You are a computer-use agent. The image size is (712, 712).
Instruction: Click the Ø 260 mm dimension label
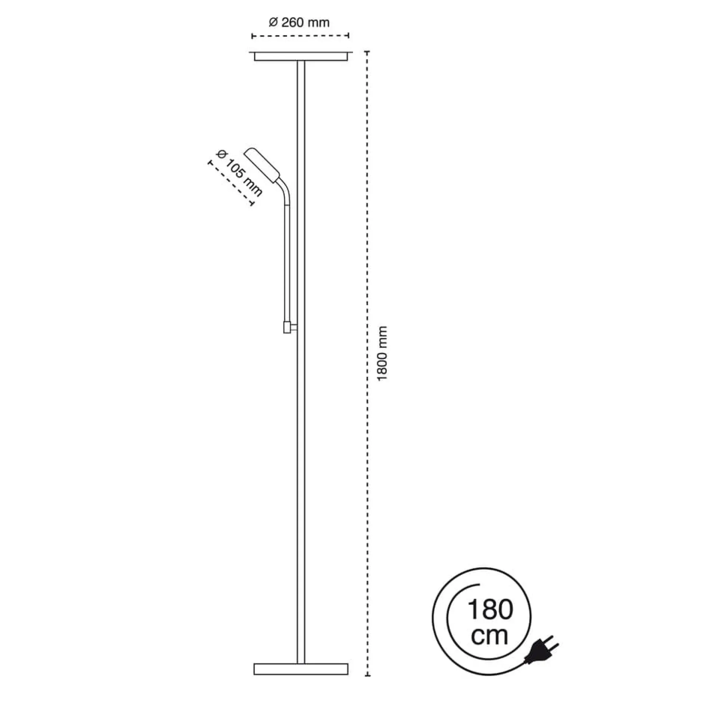click(x=299, y=23)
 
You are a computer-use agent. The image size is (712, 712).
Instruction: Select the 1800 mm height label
click(x=383, y=354)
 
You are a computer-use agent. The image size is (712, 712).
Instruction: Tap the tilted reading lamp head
click(x=262, y=166)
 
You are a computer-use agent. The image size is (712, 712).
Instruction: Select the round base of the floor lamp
click(x=301, y=669)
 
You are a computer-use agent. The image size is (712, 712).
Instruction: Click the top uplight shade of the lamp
click(x=301, y=56)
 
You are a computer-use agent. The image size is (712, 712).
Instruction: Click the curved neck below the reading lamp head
click(x=285, y=193)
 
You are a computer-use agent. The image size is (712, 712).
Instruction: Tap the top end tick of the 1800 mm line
click(x=367, y=52)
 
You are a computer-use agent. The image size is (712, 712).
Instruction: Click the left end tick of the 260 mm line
click(x=253, y=36)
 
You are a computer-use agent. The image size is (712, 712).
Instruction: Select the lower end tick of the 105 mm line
click(x=252, y=203)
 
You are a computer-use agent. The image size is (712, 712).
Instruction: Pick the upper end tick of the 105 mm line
click(x=209, y=163)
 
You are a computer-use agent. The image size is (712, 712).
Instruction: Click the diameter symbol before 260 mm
click(x=273, y=23)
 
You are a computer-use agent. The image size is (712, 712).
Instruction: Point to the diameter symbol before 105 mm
click(x=221, y=155)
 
